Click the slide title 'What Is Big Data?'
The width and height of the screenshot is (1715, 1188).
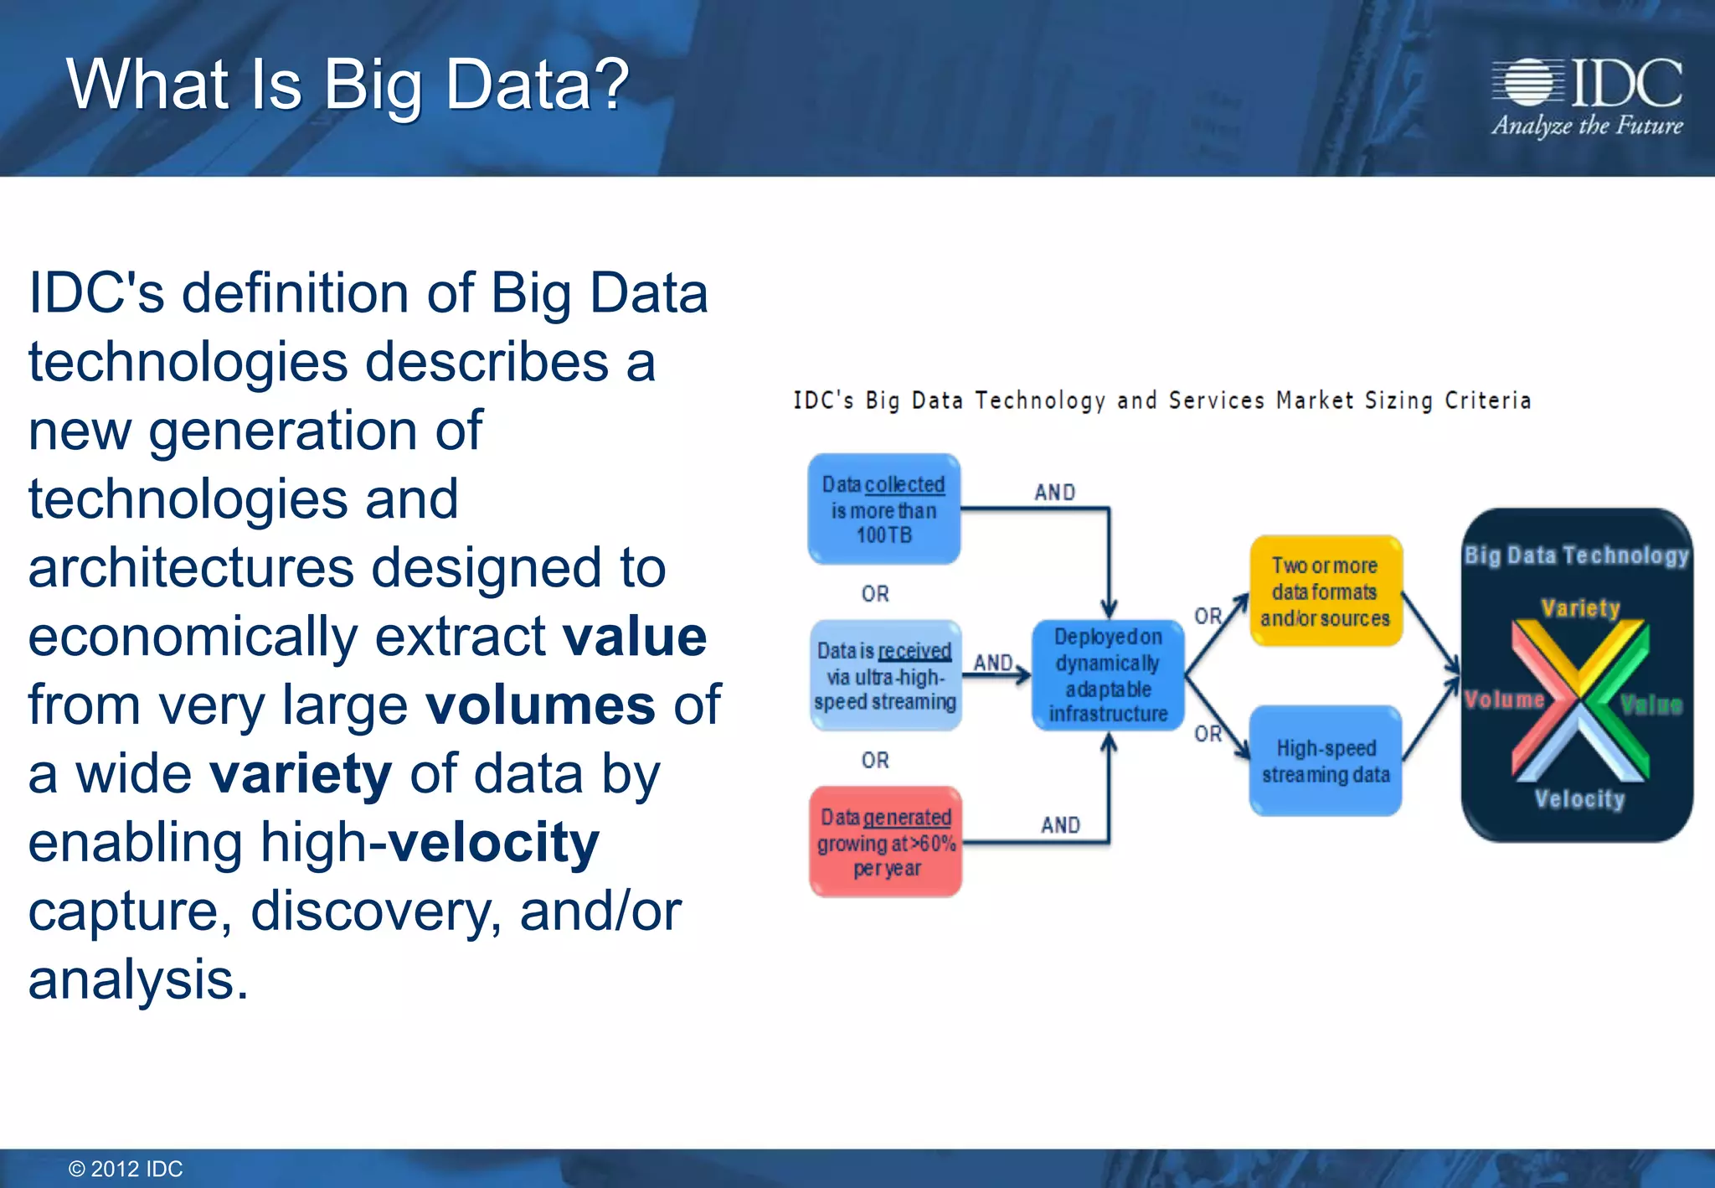348,85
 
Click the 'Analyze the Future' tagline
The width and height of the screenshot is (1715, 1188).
1587,127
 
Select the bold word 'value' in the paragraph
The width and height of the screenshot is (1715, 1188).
635,637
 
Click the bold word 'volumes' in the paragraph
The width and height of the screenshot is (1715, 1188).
541,705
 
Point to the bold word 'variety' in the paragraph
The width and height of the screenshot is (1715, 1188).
301,774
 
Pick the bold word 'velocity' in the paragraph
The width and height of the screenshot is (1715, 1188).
494,843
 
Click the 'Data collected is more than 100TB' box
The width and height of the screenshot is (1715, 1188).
883,509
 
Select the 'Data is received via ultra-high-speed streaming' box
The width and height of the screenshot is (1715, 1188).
885,676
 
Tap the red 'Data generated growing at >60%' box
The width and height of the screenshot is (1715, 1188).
886,842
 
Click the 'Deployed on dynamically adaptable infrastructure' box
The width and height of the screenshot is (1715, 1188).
1108,675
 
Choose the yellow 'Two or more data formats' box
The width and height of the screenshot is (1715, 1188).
1325,591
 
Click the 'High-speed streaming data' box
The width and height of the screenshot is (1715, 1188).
1326,761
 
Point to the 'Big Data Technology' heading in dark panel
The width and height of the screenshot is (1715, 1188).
1576,555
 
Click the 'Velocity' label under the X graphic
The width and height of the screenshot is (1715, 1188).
1579,799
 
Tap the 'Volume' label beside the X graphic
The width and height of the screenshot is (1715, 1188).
1504,700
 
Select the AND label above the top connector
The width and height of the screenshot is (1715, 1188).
1054,493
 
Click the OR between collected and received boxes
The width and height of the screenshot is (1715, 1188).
875,594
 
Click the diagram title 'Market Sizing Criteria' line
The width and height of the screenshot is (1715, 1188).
1162,401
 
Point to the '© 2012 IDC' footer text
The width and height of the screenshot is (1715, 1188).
126,1169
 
